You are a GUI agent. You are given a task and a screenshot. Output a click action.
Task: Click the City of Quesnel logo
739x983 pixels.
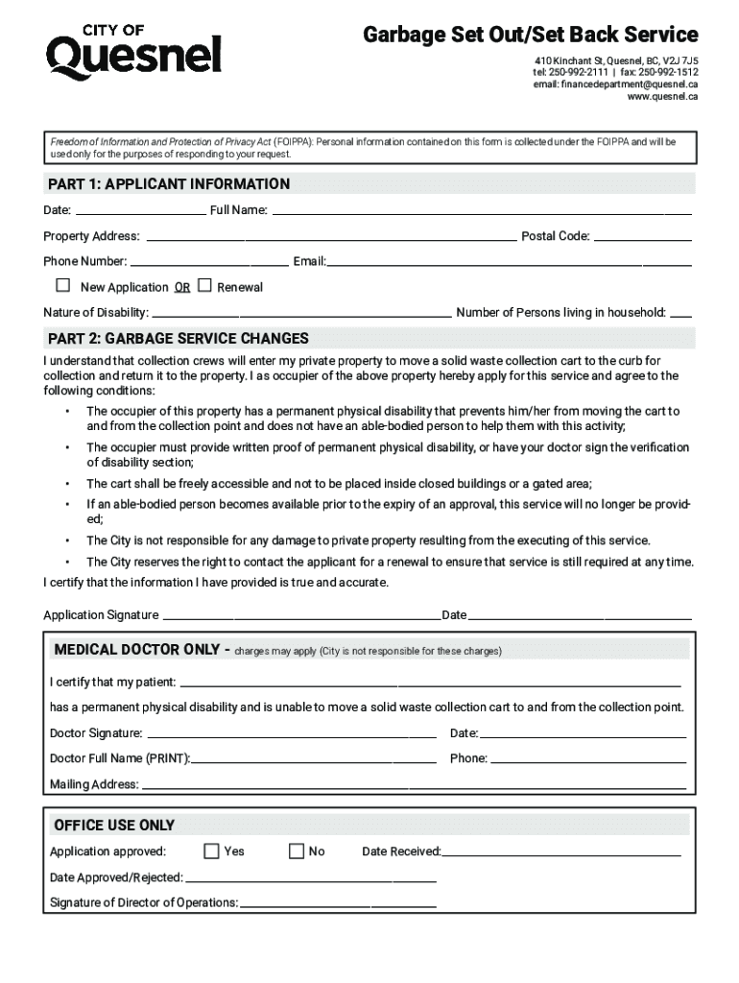[133, 54]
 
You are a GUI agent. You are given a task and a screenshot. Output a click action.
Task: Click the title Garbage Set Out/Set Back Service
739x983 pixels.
[530, 36]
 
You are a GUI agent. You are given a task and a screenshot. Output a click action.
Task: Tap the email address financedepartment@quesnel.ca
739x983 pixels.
[615, 84]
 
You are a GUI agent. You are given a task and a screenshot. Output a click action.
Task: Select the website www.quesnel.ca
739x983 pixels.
[662, 97]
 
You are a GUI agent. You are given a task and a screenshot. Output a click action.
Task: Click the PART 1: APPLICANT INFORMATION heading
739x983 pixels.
[169, 183]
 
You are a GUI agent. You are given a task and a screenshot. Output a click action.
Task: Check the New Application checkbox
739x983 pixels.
[63, 285]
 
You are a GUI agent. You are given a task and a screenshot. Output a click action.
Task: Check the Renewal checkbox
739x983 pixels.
[204, 285]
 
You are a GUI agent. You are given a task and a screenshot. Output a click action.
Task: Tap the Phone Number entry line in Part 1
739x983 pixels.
[208, 261]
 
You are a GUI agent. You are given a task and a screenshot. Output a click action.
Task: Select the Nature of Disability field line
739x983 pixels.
[302, 312]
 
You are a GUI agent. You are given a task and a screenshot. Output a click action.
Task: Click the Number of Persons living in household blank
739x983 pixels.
[680, 312]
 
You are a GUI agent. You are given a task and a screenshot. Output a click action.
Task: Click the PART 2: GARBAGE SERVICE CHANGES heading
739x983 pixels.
[179, 338]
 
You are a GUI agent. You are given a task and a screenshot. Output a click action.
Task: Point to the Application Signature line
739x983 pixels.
[300, 614]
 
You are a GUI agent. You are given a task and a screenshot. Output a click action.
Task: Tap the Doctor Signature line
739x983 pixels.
[291, 733]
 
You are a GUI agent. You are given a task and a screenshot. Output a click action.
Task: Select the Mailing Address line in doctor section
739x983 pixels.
[414, 784]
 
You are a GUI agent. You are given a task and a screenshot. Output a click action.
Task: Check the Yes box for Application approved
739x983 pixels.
[212, 851]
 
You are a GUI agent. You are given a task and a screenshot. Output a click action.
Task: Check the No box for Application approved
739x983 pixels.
[297, 851]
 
